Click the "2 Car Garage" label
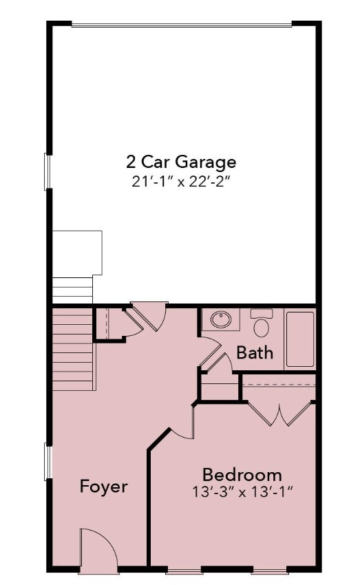(x=181, y=162)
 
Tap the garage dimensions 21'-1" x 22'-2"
(x=181, y=182)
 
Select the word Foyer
(x=104, y=487)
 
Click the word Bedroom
(x=242, y=474)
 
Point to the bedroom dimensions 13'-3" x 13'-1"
(x=242, y=493)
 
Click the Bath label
(x=255, y=353)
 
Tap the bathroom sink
(x=221, y=320)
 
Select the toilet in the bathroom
(x=262, y=323)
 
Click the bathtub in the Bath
(x=299, y=339)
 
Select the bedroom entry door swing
(x=180, y=423)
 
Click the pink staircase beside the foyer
(x=73, y=348)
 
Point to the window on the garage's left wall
(x=47, y=171)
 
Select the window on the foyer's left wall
(x=47, y=462)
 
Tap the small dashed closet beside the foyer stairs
(x=107, y=323)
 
